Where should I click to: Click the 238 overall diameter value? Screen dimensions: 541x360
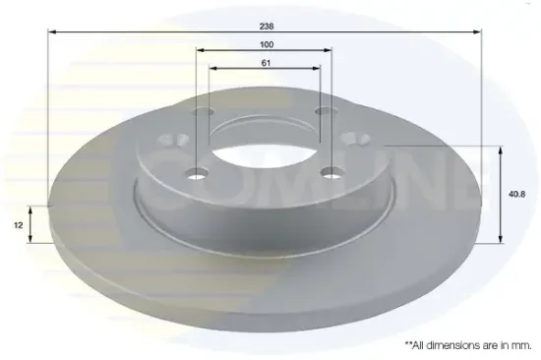(267, 27)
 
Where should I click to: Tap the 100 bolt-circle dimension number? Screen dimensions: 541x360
(267, 44)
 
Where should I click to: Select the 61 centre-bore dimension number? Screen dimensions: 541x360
(266, 63)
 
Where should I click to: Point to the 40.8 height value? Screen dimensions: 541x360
(516, 195)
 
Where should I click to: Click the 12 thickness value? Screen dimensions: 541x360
(19, 225)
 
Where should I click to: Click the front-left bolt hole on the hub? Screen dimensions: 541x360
(197, 173)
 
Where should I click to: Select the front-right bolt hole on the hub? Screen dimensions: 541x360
(331, 172)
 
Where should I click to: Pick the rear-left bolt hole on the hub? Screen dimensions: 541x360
(203, 111)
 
